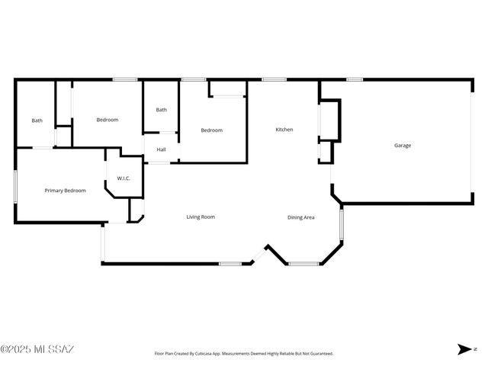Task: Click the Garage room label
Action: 402,145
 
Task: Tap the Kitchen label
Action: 284,130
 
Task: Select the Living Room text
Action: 201,217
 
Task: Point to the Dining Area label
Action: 301,217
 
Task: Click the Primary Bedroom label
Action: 65,191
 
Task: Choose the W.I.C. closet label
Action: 124,178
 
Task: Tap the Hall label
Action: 161,149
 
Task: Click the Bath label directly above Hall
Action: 161,110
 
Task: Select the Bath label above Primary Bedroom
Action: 37,120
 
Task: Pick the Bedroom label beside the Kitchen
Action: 211,130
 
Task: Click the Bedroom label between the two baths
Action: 107,120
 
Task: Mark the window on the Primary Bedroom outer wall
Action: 15,186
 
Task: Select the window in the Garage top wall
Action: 354,79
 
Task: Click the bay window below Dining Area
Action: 303,264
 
